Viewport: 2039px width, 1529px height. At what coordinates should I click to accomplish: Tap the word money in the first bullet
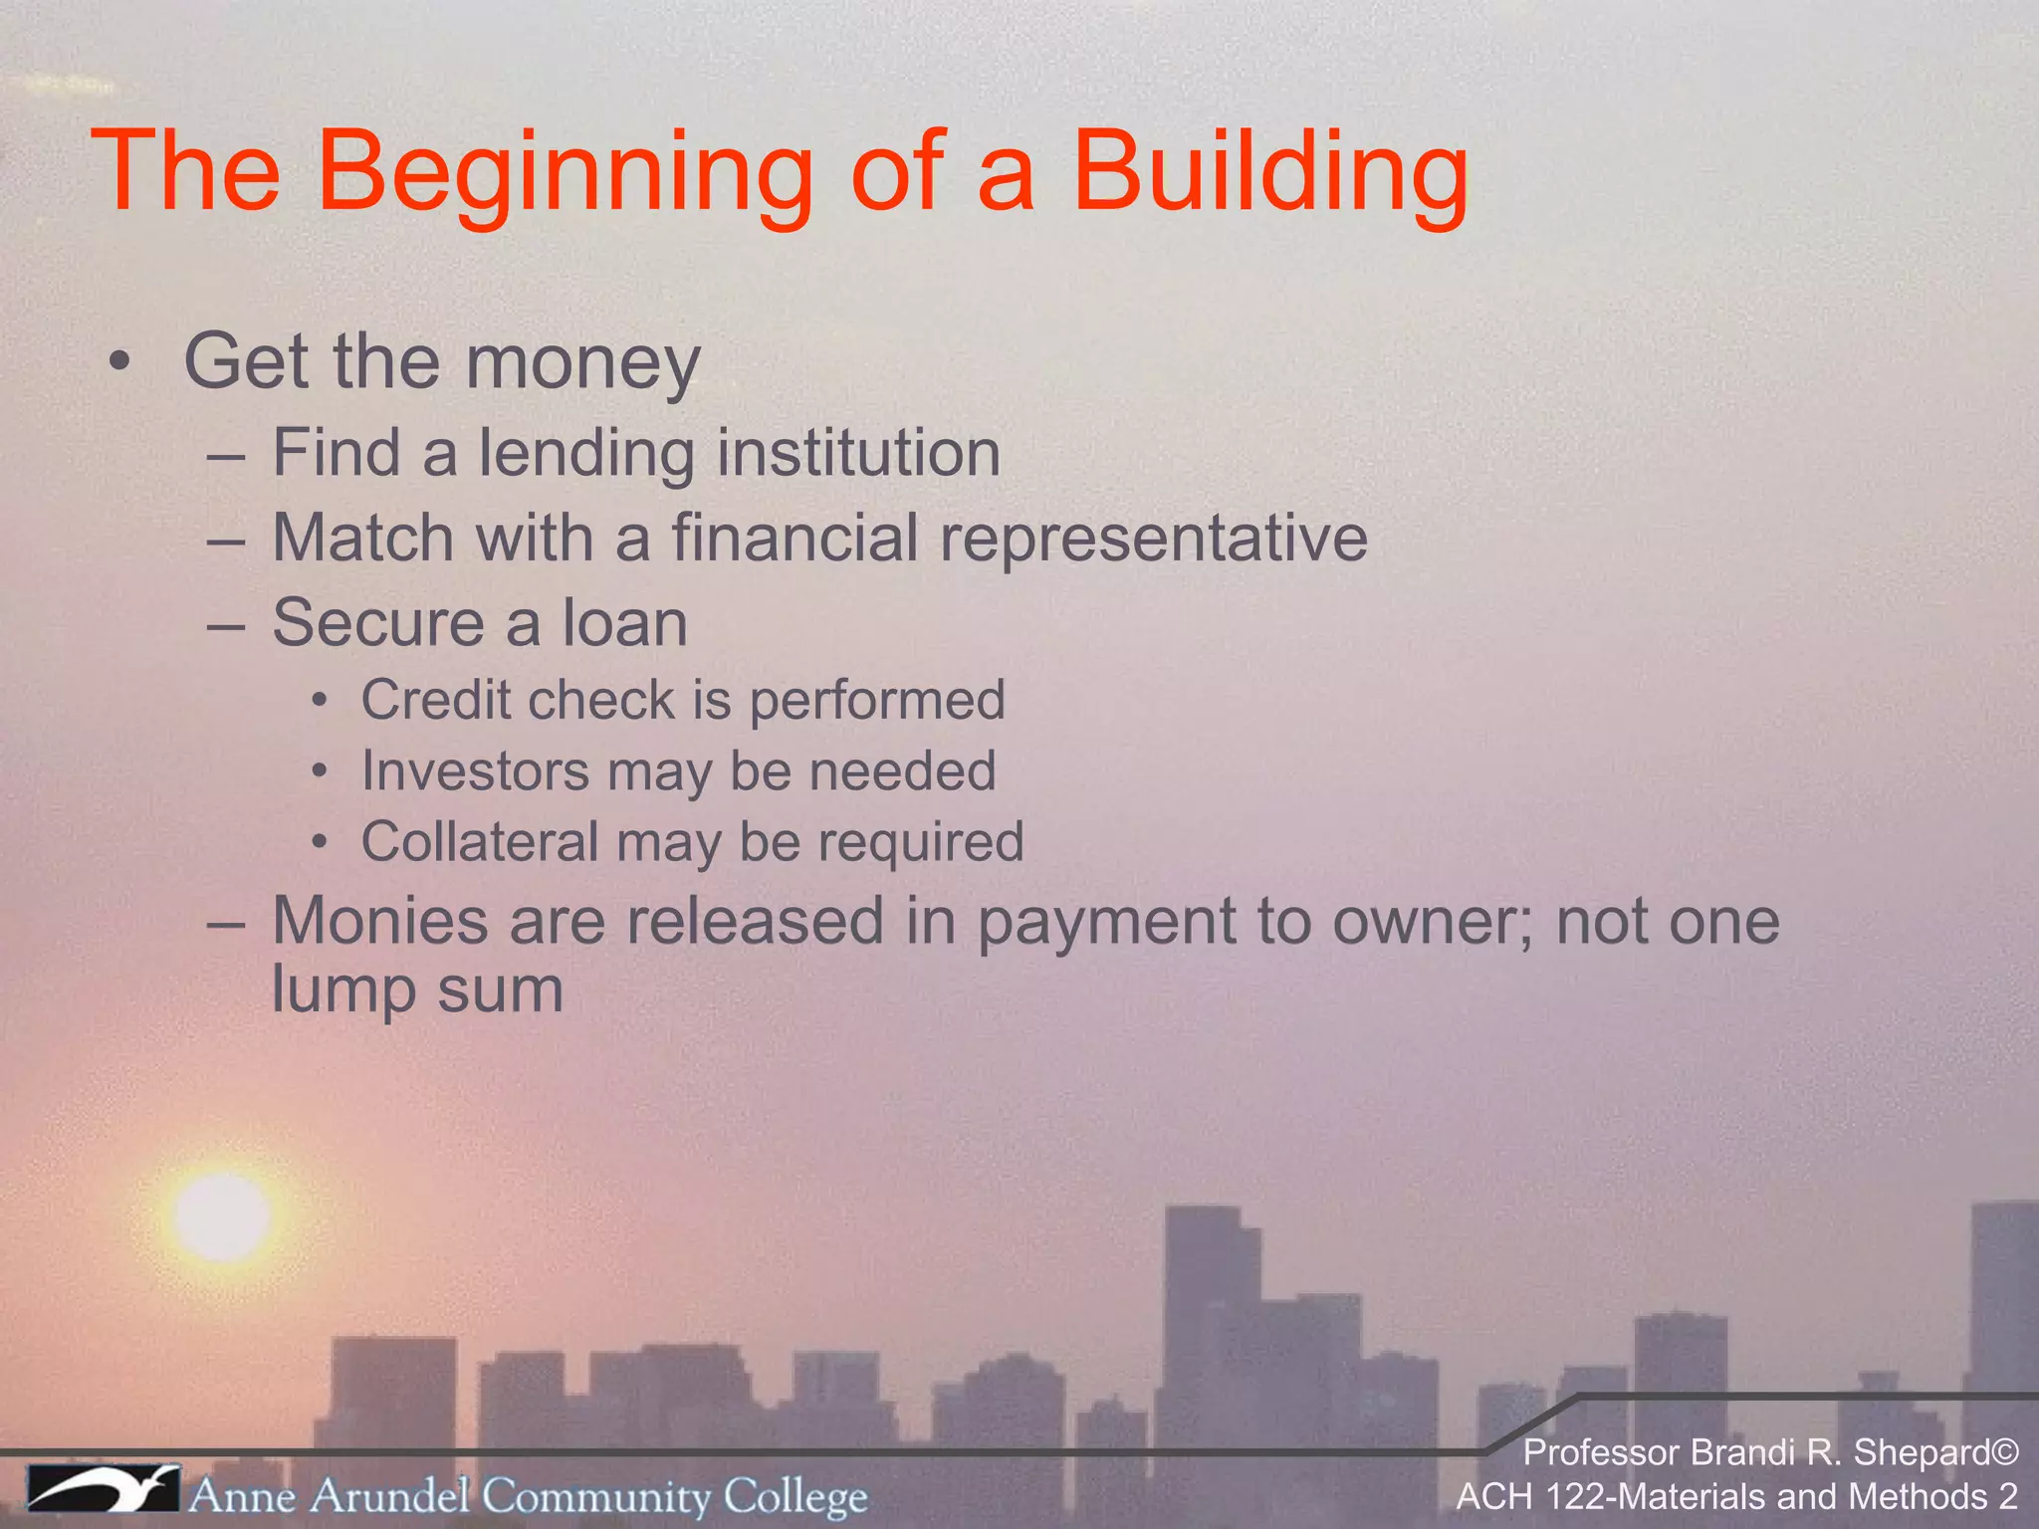tap(582, 363)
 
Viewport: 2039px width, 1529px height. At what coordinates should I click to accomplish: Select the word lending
tap(586, 454)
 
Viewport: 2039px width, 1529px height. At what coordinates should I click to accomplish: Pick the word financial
tap(793, 539)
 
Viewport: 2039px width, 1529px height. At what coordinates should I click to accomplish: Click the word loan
tap(624, 623)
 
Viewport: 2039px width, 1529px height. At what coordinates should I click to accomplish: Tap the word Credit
tap(434, 700)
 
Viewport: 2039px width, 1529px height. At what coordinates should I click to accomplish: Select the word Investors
tap(476, 771)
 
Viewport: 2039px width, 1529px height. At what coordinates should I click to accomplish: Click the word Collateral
tap(480, 842)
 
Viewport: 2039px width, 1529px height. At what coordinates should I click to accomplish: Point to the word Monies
tap(379, 921)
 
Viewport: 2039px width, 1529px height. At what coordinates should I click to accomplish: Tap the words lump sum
tap(417, 989)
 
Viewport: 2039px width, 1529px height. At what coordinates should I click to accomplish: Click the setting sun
tap(221, 1216)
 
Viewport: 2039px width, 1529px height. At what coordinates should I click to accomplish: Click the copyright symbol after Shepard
tap(2002, 1453)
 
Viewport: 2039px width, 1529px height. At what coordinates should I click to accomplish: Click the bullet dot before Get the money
tap(120, 363)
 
